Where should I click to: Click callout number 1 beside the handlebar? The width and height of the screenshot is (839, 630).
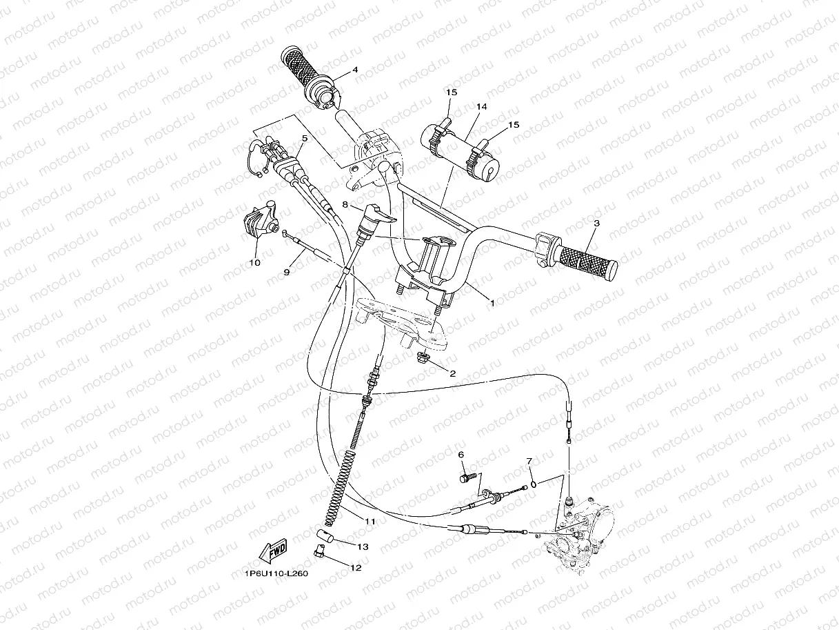(x=492, y=302)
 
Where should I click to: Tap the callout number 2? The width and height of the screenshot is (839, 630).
(x=453, y=374)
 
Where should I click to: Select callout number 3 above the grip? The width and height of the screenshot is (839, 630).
(x=596, y=223)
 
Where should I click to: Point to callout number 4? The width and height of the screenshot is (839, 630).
(x=355, y=70)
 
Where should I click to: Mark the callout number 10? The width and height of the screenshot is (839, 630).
(x=255, y=262)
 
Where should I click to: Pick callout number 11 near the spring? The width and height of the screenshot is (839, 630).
(x=370, y=522)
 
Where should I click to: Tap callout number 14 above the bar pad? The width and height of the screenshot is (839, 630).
(x=481, y=106)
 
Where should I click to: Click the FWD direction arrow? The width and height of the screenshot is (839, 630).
(x=273, y=551)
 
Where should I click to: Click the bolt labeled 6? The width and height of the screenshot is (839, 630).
(x=467, y=475)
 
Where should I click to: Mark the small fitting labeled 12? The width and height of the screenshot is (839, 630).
(x=319, y=550)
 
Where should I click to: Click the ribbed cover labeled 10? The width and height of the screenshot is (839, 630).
(x=256, y=222)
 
